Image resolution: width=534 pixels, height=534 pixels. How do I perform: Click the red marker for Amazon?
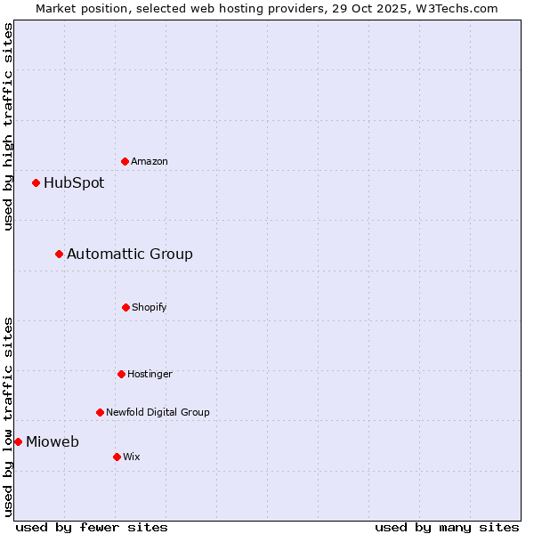point(125,161)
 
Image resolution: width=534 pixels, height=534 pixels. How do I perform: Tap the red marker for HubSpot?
point(36,183)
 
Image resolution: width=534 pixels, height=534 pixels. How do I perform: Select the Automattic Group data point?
point(59,255)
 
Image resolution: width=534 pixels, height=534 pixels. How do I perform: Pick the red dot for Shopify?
point(125,307)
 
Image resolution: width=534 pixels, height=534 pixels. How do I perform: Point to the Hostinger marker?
point(121,374)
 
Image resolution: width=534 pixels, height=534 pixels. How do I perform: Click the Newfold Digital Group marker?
point(100,412)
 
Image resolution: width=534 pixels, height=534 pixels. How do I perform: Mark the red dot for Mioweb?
point(18,441)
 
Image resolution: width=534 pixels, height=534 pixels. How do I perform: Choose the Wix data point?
point(117,457)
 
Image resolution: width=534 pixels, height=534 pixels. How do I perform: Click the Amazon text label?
point(150,161)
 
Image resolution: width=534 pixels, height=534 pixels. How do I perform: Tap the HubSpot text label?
point(74,183)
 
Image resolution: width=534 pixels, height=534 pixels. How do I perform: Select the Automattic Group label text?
point(130,255)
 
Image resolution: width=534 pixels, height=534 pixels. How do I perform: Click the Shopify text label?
point(150,307)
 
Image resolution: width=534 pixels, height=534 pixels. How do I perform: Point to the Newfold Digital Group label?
point(158,412)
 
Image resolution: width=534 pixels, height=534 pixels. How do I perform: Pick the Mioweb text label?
point(53,442)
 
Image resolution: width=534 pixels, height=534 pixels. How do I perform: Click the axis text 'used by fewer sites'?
point(92,527)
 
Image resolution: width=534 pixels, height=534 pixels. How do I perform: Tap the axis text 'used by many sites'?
point(447,527)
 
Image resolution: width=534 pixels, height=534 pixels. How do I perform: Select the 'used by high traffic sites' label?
point(8,126)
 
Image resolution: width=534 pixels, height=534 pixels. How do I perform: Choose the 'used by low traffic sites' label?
point(8,417)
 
